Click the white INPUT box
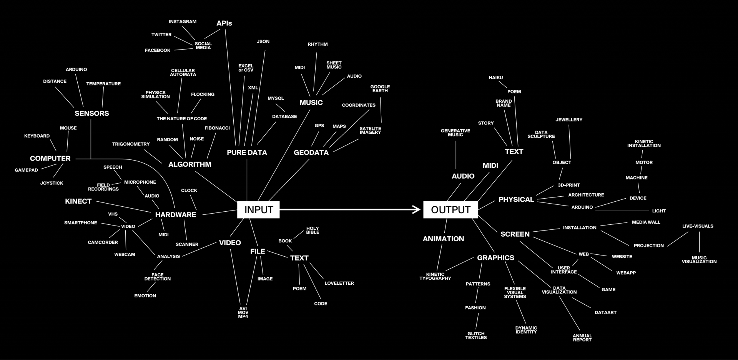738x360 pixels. [x=258, y=210]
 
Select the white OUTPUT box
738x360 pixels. [x=450, y=210]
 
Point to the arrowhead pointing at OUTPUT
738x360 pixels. [x=417, y=209]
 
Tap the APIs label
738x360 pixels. [x=224, y=23]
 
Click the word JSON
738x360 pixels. [x=263, y=41]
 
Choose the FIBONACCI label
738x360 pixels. [x=217, y=128]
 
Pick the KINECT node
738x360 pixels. [x=78, y=201]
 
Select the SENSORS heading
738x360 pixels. [x=92, y=113]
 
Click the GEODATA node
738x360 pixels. [x=311, y=153]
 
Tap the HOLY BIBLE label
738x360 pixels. [x=312, y=231]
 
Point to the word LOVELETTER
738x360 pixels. [x=339, y=283]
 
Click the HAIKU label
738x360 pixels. [x=495, y=78]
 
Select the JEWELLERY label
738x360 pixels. [x=569, y=120]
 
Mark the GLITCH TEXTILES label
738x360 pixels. [x=476, y=336]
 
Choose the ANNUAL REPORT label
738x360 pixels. [x=582, y=338]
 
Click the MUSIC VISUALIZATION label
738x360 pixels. [x=699, y=260]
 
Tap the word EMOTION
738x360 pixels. [x=145, y=296]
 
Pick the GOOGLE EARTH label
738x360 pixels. [x=380, y=89]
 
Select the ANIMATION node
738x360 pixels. [x=443, y=239]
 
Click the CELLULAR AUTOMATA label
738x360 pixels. [x=183, y=73]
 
